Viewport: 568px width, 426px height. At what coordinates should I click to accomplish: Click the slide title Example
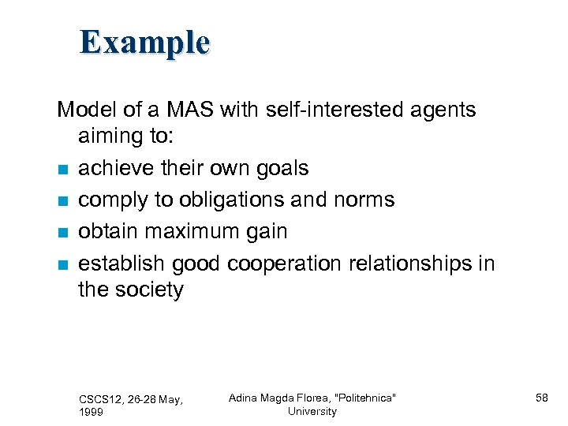(x=144, y=42)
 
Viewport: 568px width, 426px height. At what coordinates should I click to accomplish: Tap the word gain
(x=264, y=231)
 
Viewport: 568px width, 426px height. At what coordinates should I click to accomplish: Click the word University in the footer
(x=312, y=411)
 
